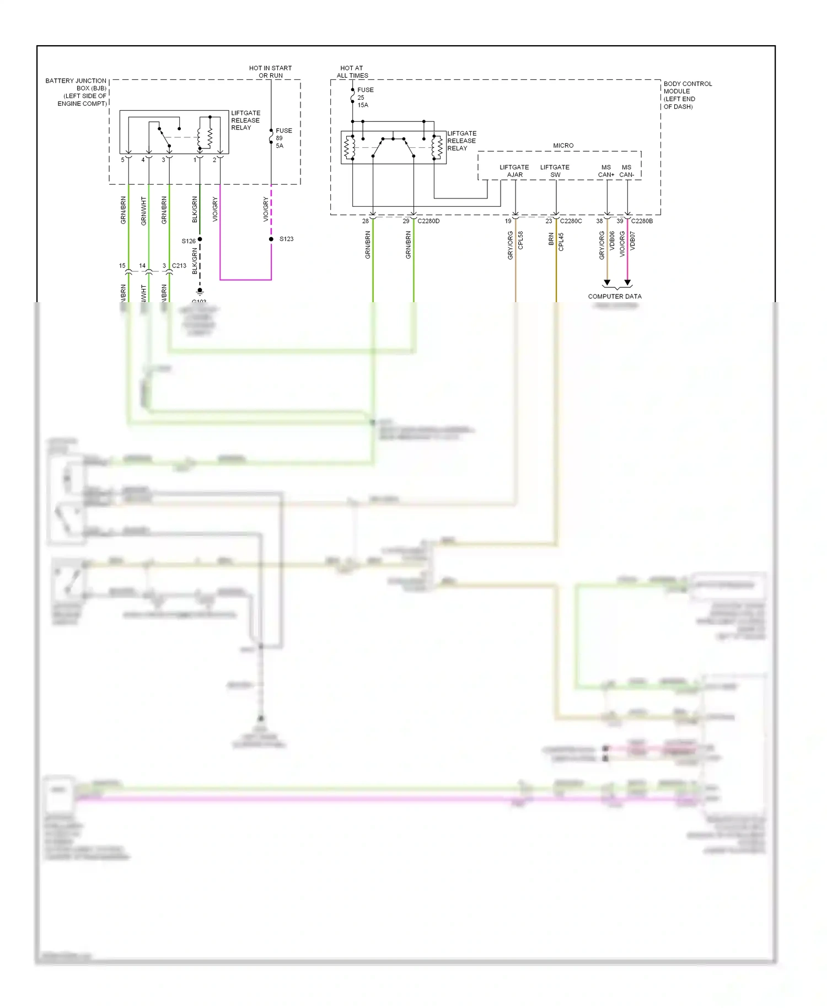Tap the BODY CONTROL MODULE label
click(687, 95)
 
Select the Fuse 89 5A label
click(282, 138)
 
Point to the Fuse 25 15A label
click(364, 98)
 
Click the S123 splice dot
click(271, 239)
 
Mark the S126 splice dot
click(200, 239)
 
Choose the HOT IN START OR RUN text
click(270, 72)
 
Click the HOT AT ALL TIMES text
click(352, 72)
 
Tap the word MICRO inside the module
click(563, 146)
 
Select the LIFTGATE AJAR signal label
click(514, 171)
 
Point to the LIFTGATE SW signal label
click(555, 171)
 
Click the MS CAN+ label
click(606, 171)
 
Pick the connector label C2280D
click(428, 221)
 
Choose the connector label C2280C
click(571, 221)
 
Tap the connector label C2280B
click(642, 221)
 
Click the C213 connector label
click(179, 266)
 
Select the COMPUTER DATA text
click(615, 297)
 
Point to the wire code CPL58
click(520, 241)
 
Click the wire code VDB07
click(632, 241)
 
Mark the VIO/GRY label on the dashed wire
click(266, 210)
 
